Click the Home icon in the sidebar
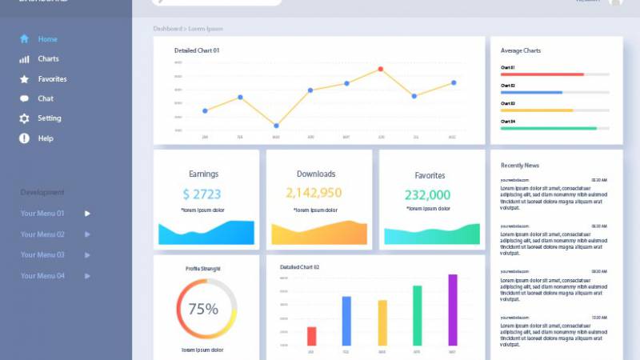click(24, 38)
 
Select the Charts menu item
click(48, 59)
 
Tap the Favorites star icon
click(24, 79)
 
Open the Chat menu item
click(46, 98)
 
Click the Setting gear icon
click(24, 118)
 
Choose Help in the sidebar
click(45, 138)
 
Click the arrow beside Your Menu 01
click(87, 214)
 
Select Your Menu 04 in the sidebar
click(42, 276)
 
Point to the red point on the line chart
click(381, 70)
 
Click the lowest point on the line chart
click(276, 126)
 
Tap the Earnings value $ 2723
click(202, 194)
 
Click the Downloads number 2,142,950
click(314, 193)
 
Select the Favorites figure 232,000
click(427, 194)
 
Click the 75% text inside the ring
click(203, 309)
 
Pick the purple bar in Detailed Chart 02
click(452, 310)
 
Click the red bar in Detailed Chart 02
click(311, 336)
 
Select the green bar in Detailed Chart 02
click(417, 315)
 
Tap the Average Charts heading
click(521, 50)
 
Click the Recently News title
click(520, 166)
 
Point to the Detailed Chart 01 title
click(197, 50)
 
